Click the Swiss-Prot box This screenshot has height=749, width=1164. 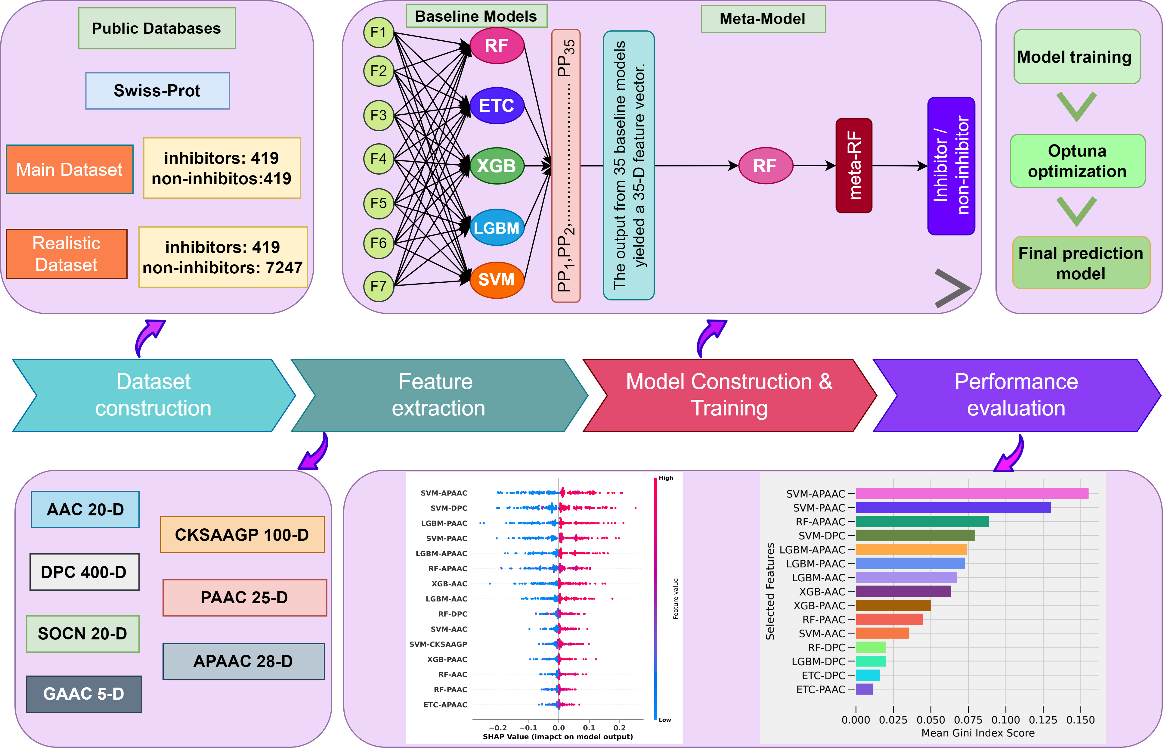tap(157, 91)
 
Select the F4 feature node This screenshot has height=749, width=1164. tap(378, 159)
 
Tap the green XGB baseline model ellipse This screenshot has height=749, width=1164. tap(497, 166)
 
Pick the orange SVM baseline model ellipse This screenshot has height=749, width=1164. tap(497, 280)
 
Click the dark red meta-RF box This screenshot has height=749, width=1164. tap(853, 165)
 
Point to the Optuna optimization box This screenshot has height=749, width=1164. tap(1077, 161)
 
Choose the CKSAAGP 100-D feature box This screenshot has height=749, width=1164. tap(242, 535)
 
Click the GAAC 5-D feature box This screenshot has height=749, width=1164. tap(84, 694)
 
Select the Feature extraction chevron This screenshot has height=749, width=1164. tap(438, 395)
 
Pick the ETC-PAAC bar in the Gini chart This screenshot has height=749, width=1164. tap(864, 689)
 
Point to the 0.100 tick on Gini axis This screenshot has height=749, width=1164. tap(1005, 720)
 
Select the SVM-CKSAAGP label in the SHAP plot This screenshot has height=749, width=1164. tap(438, 644)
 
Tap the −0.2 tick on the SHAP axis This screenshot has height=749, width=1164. tap(497, 728)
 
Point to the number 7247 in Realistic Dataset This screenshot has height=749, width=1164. tap(284, 268)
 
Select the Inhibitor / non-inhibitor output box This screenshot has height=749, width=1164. tap(951, 166)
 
